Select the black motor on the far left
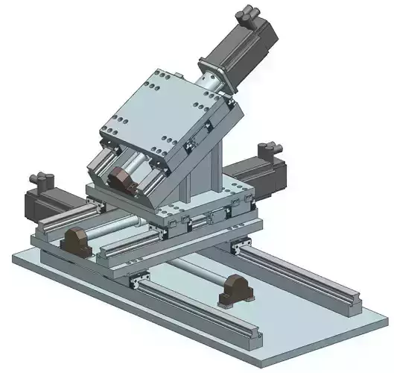[40, 201]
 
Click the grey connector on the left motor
[37, 180]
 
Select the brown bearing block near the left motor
[75, 239]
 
